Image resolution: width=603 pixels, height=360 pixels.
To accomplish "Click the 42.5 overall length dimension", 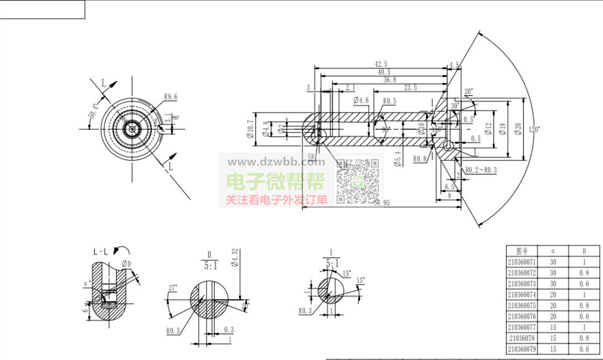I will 380,64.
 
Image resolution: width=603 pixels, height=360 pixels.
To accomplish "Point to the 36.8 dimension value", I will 389,80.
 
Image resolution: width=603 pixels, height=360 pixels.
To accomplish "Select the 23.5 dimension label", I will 410,88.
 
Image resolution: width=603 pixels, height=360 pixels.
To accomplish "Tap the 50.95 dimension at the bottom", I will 382,203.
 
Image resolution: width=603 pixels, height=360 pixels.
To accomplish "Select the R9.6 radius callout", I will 171,97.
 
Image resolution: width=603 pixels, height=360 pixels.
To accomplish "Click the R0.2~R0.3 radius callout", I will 481,170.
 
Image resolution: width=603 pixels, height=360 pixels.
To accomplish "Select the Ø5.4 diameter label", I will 398,160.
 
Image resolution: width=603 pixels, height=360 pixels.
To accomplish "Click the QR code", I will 358,181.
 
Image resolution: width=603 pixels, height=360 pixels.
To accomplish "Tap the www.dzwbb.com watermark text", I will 276,162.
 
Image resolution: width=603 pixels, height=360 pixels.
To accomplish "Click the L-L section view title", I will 101,252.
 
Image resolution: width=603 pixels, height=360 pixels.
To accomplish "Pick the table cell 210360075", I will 521,306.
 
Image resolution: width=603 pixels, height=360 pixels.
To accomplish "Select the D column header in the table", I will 584,251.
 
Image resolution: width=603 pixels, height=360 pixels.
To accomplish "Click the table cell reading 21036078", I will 521,338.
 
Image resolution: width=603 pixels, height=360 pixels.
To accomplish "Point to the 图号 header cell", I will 521,251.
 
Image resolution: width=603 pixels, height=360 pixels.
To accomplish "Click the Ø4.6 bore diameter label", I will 361,101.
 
